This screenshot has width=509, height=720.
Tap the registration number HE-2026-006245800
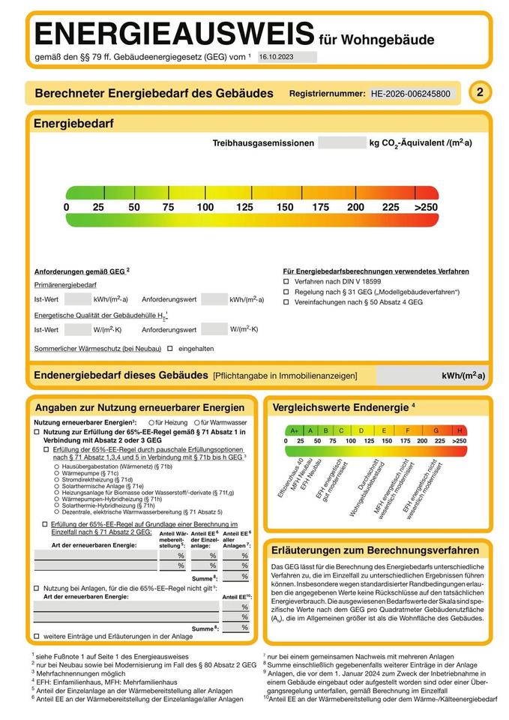pyautogui.click(x=411, y=94)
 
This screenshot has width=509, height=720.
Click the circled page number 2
pyautogui.click(x=480, y=92)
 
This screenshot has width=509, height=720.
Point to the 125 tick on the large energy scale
pyautogui.click(x=245, y=207)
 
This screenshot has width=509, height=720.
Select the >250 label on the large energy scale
pyautogui.click(x=426, y=207)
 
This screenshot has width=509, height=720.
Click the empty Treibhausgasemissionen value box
pyautogui.click(x=341, y=142)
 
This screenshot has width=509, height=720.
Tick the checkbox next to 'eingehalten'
pyautogui.click(x=170, y=348)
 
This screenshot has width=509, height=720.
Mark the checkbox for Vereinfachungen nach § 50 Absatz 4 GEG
pyautogui.click(x=286, y=301)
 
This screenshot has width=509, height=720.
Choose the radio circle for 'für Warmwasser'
pyautogui.click(x=194, y=423)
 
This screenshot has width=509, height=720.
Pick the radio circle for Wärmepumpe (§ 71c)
pyautogui.click(x=57, y=473)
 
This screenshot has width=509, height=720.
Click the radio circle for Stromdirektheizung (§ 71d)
pyautogui.click(x=57, y=480)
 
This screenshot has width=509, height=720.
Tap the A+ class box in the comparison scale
pyautogui.click(x=295, y=430)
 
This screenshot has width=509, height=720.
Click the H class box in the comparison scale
pyautogui.click(x=460, y=430)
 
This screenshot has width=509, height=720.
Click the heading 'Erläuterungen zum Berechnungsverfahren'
pyautogui.click(x=375, y=550)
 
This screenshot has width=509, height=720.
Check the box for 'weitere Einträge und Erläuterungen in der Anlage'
pyautogui.click(x=37, y=636)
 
